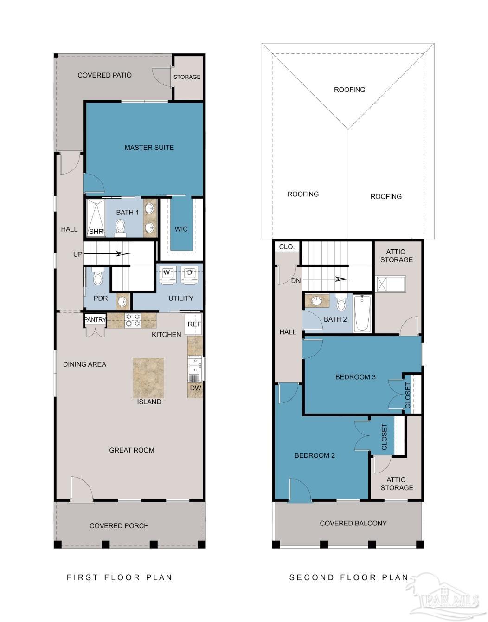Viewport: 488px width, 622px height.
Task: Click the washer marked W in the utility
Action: coord(166,275)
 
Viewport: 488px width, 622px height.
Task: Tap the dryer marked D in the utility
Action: coord(189,275)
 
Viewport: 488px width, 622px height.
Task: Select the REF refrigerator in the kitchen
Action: coord(193,324)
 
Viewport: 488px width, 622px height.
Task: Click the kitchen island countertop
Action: coord(148,378)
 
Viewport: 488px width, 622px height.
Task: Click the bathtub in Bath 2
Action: coord(362,314)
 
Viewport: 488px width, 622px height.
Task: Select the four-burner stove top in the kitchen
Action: coord(133,320)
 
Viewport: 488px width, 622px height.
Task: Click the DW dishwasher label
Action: coord(196,388)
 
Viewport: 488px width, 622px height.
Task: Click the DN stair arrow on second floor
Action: coord(326,279)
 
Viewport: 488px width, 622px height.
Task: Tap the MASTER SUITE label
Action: coord(149,148)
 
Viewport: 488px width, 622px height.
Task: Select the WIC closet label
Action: coord(181,229)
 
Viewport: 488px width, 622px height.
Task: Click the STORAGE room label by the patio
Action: coord(187,77)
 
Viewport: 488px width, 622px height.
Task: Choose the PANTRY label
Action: coord(95,319)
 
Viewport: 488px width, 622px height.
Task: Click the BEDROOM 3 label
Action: coord(355,377)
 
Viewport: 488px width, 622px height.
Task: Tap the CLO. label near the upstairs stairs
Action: coord(287,247)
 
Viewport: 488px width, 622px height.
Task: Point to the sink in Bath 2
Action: coord(316,300)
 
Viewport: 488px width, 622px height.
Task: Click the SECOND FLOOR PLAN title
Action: coord(349,577)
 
